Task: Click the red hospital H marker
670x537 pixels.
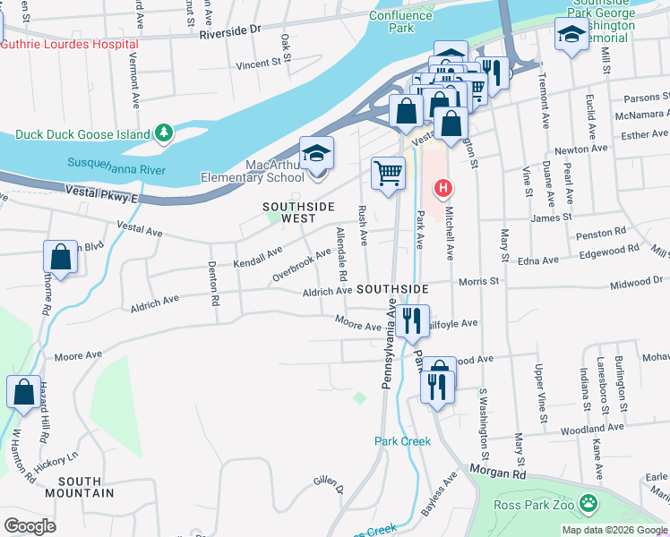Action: pyautogui.click(x=442, y=188)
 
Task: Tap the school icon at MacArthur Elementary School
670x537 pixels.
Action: pyautogui.click(x=316, y=154)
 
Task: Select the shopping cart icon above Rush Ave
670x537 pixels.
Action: pyautogui.click(x=387, y=172)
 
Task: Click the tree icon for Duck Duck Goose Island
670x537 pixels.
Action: pyautogui.click(x=163, y=133)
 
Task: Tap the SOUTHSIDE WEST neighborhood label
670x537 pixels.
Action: pyautogui.click(x=299, y=212)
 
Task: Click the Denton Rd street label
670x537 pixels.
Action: pyautogui.click(x=214, y=285)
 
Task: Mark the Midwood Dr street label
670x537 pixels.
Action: pyautogui.click(x=636, y=281)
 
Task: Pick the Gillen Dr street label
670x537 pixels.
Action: pyautogui.click(x=329, y=484)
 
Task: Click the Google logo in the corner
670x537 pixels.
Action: pyautogui.click(x=30, y=526)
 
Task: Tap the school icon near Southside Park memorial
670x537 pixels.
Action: pyautogui.click(x=571, y=36)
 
